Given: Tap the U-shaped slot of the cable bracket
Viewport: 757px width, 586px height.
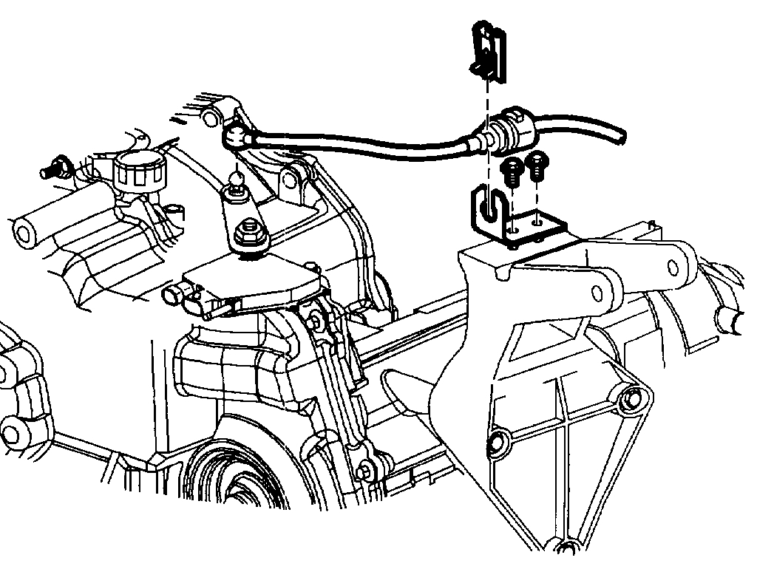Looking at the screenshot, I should coord(489,208).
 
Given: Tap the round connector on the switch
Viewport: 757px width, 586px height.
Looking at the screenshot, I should coord(172,295).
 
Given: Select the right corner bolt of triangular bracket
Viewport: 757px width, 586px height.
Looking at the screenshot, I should coord(631,400).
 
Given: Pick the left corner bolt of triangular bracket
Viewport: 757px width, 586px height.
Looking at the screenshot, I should coord(496,443).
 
